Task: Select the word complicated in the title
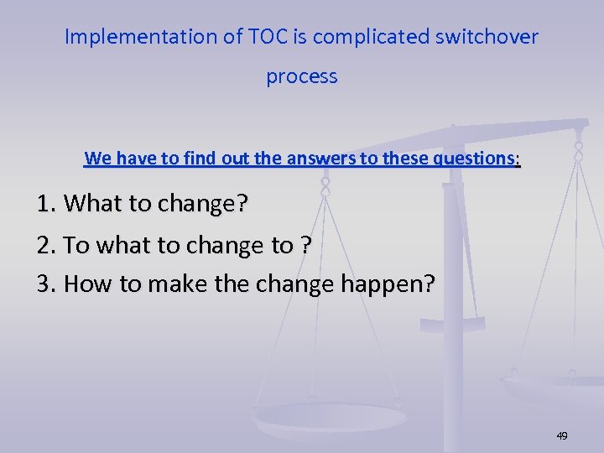tap(359, 37)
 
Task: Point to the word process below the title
tap(302, 77)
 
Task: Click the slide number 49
tap(561, 435)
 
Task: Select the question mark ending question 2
tap(305, 245)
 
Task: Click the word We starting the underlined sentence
tap(97, 158)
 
